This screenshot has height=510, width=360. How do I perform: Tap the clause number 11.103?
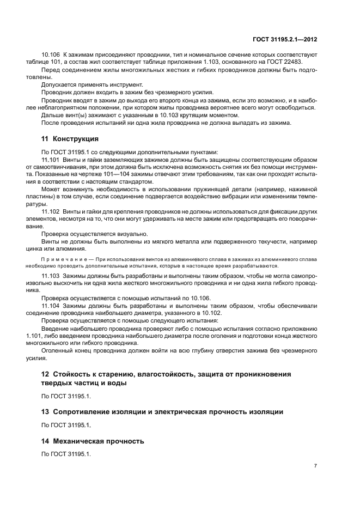[x=52, y=276]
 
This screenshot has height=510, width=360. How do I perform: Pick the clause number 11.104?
[x=52, y=306]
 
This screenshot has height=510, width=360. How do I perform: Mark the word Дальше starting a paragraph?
[x=53, y=114]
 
